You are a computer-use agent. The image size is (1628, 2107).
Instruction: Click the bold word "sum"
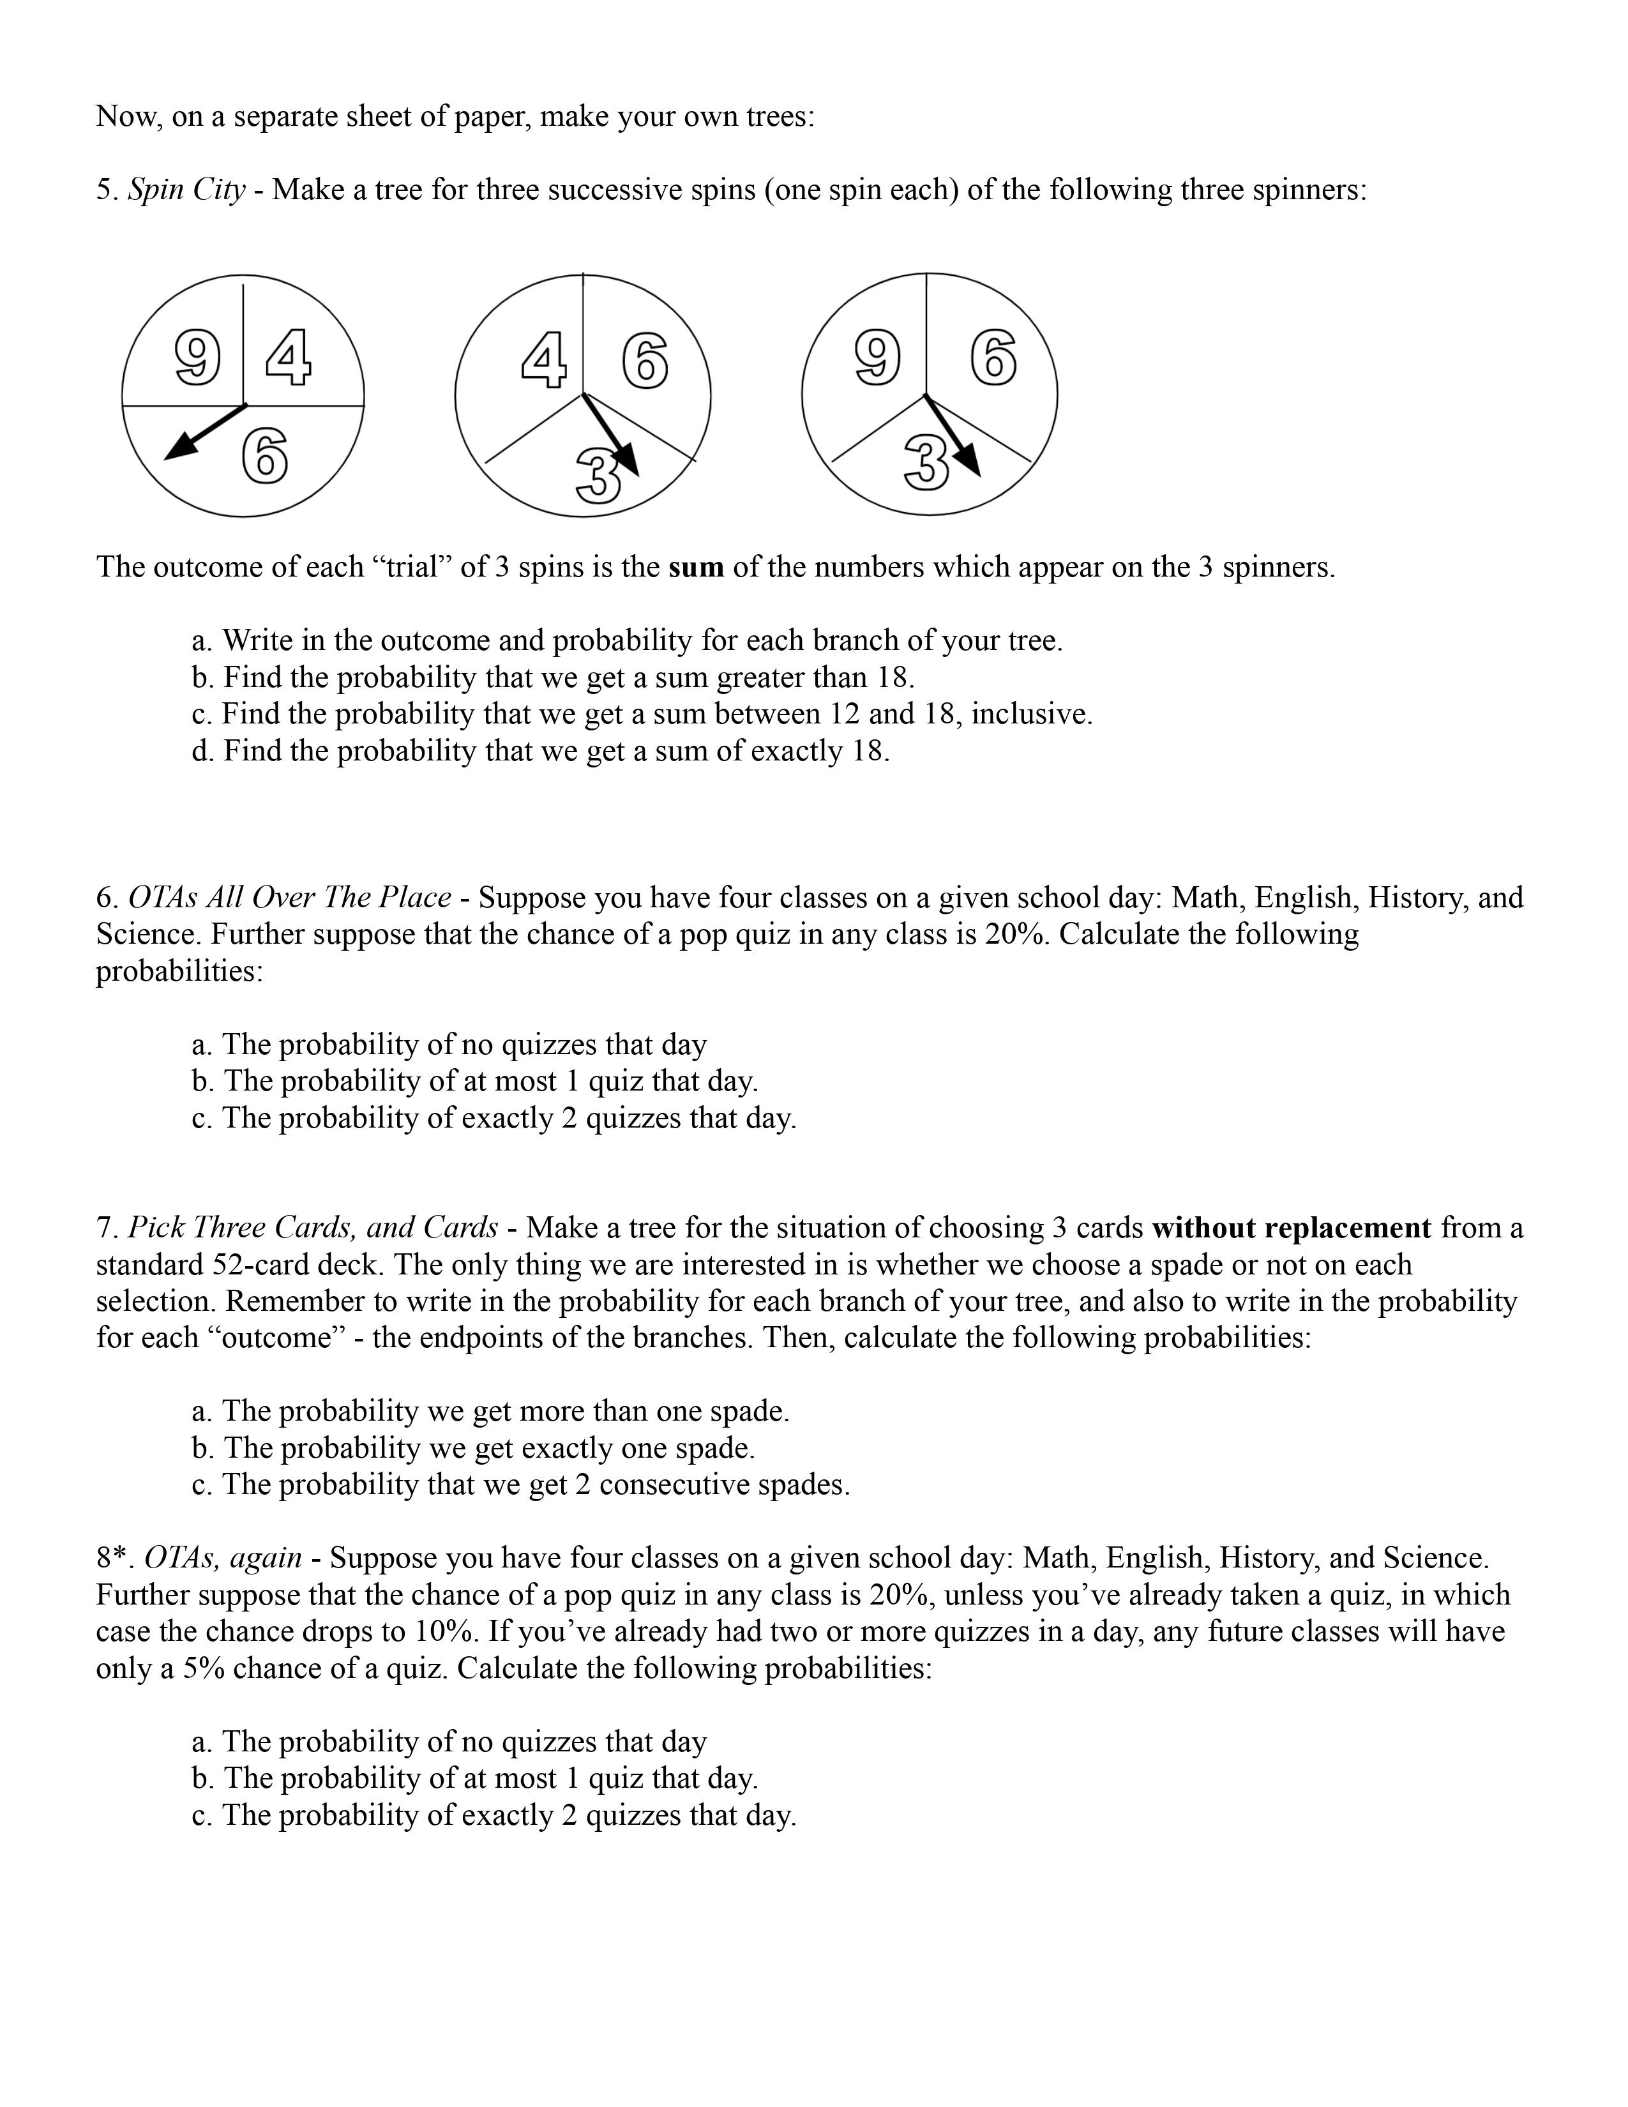tap(695, 567)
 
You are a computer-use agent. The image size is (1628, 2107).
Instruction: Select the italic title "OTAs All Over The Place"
tap(289, 898)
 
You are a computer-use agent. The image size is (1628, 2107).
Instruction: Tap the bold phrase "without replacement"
tap(1290, 1228)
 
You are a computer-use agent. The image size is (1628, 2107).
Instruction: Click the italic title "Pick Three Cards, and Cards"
tap(312, 1228)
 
